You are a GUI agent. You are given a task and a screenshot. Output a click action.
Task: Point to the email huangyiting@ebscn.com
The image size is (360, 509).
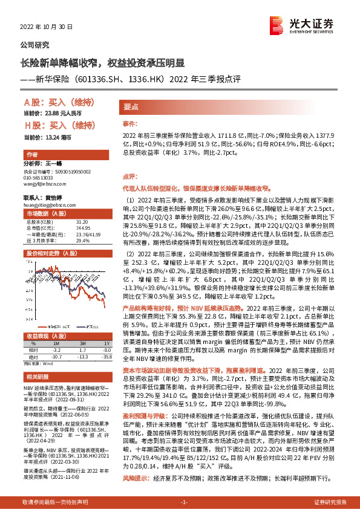[48, 204]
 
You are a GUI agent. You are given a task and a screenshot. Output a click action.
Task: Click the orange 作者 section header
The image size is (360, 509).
[34, 154]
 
